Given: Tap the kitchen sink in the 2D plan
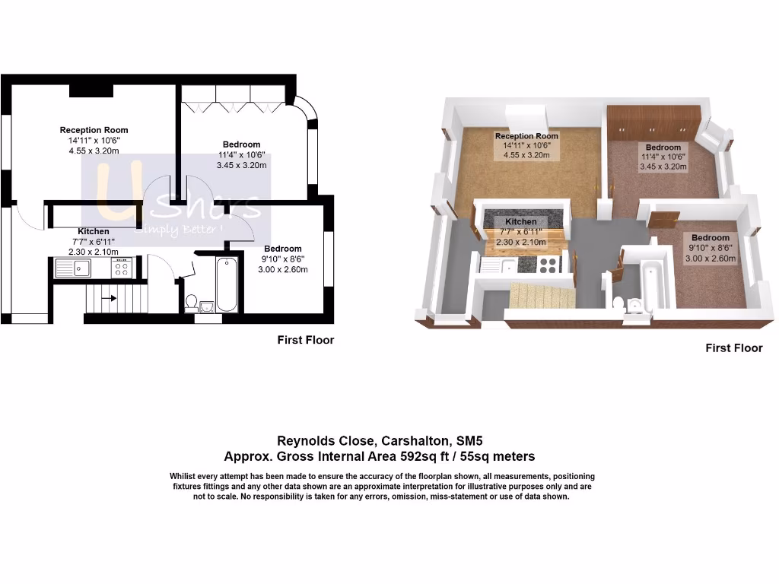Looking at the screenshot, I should coord(73,267).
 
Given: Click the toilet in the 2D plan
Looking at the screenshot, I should coord(191,303).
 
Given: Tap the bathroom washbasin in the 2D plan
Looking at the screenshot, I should coord(206,306).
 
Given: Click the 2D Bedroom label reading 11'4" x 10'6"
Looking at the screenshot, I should coord(241,154).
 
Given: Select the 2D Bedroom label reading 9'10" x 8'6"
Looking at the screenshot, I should coord(283,258).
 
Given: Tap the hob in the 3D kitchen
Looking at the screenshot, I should coord(548,264).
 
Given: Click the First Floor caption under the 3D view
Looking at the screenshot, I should coord(733,348).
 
